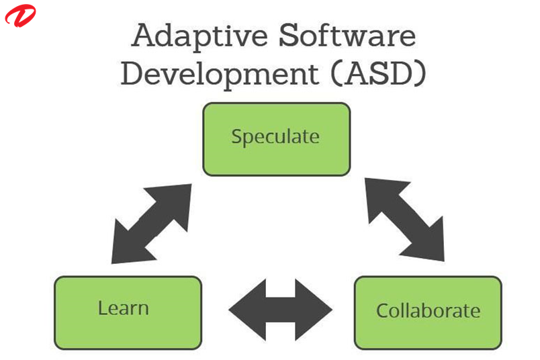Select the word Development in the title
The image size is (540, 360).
tap(213, 74)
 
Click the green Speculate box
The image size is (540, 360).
tap(276, 139)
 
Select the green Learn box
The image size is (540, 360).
tap(128, 312)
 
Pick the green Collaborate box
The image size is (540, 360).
tap(428, 312)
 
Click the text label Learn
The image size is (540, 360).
tap(123, 308)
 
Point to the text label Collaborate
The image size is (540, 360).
tap(428, 311)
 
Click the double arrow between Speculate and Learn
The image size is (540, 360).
tap(152, 223)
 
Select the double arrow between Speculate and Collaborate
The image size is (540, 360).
tap(404, 219)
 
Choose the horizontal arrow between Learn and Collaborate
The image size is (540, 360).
tap(281, 310)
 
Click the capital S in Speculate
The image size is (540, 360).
tap(236, 137)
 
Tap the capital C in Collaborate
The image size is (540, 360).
tap(382, 311)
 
